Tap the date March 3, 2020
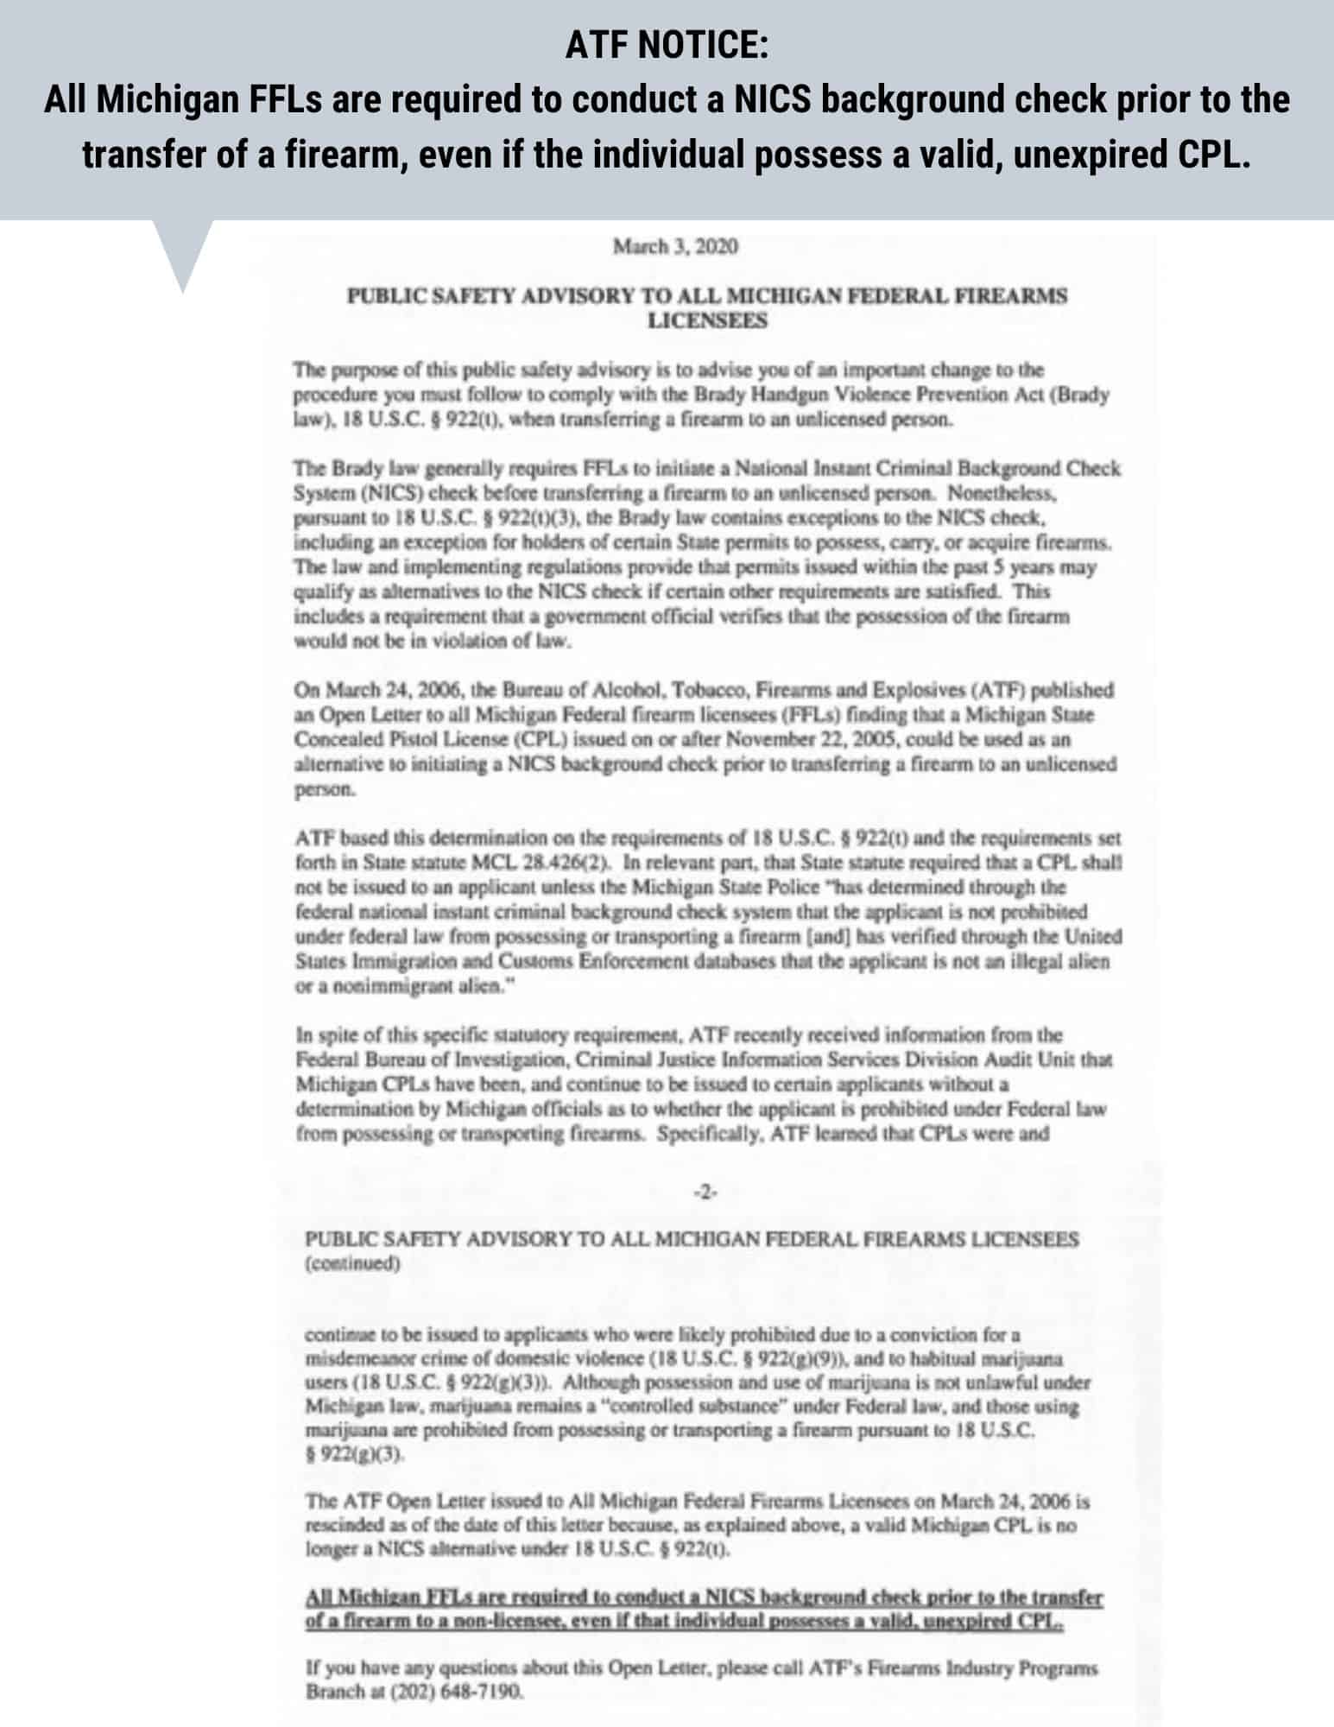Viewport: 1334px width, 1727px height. (x=674, y=247)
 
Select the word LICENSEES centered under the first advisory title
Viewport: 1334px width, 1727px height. (x=707, y=320)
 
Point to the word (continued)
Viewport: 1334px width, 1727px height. (x=352, y=1263)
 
